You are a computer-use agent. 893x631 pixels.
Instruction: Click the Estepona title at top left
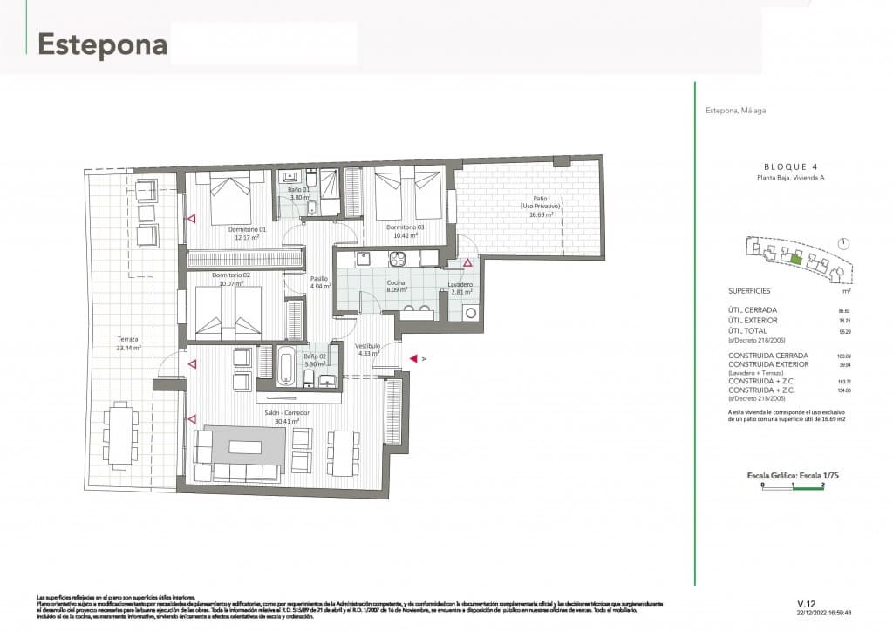[102, 44]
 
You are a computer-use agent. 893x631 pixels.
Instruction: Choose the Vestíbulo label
[367, 346]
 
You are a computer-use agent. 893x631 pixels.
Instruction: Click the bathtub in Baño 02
[287, 365]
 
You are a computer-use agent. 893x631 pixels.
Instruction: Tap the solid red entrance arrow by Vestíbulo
[412, 358]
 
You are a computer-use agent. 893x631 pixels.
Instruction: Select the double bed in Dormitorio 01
[229, 197]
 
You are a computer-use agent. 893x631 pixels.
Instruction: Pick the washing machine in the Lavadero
[471, 313]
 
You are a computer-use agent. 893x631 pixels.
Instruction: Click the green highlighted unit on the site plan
[794, 256]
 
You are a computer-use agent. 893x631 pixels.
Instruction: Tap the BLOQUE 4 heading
[791, 166]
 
